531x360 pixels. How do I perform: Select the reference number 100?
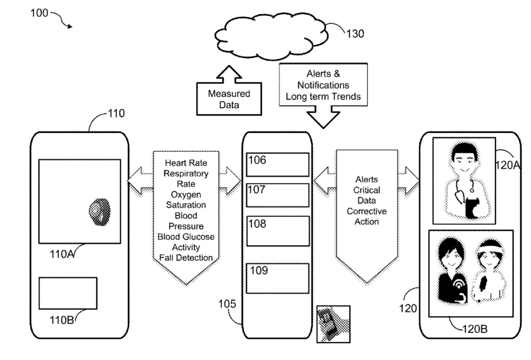coord(39,14)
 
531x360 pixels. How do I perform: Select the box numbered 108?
coord(277,230)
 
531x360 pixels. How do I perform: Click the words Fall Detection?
coord(185,258)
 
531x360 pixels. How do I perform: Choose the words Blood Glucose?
coord(185,237)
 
